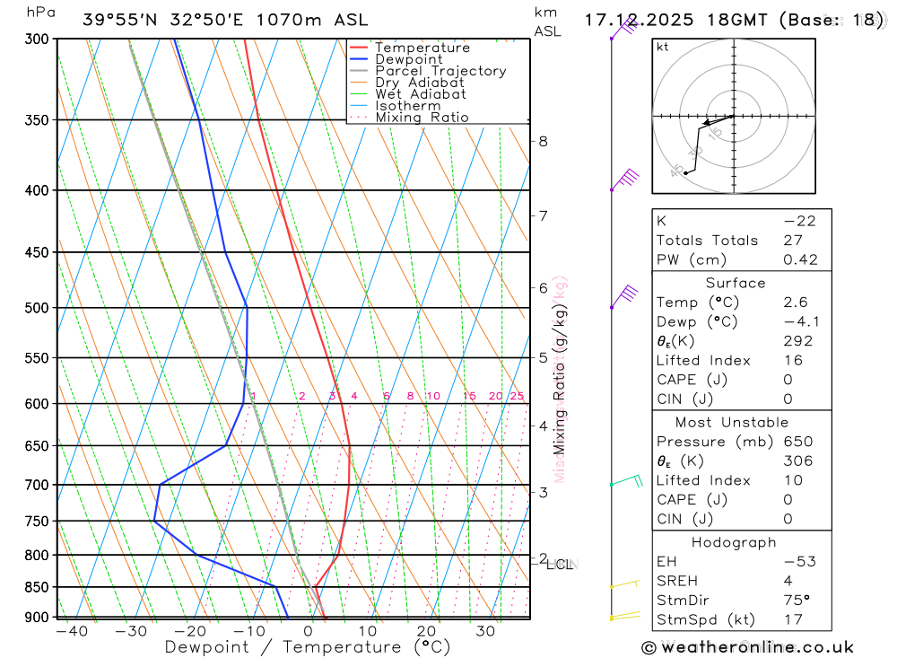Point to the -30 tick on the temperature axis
coord(131,631)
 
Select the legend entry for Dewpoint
coord(409,60)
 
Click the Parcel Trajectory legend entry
coord(440,71)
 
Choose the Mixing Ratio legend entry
coord(422,118)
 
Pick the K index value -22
coord(798,221)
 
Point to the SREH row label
coord(676,581)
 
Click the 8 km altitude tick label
coord(543,141)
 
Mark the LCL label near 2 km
coord(559,565)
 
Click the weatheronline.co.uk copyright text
coord(747,647)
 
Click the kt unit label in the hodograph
coord(663,47)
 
